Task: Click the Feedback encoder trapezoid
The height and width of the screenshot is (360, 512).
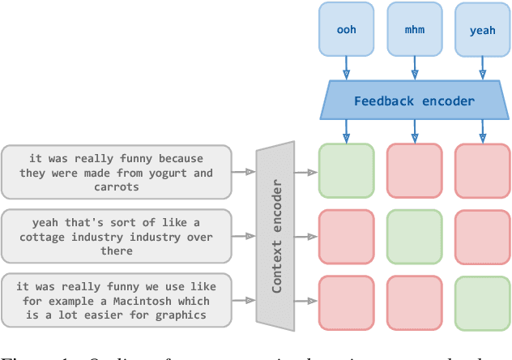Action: (415, 101)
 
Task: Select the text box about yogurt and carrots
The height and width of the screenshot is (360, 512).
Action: (116, 173)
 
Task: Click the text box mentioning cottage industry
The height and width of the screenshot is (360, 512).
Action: (116, 237)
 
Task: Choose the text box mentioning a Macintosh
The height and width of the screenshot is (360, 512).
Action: (116, 302)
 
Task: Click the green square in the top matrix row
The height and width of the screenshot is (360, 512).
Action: (346, 171)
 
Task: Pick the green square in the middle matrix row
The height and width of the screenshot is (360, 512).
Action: (415, 237)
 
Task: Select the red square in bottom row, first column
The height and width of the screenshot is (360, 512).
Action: (346, 302)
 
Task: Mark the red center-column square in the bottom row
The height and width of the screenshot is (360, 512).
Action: (415, 302)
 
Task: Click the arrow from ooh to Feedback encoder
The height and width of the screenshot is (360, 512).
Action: (346, 67)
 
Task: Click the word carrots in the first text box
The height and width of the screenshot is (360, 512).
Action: (116, 186)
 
